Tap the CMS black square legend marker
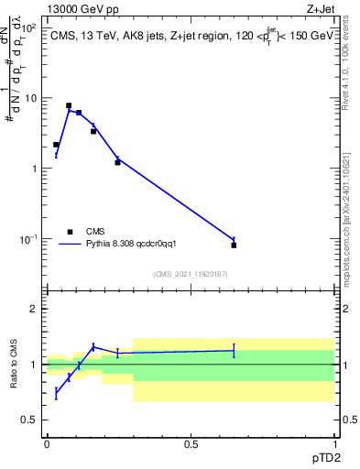(70, 232)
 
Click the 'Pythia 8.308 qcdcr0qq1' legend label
(125, 245)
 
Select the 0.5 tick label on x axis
(191, 443)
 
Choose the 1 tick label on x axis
(334, 443)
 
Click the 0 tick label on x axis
(47, 443)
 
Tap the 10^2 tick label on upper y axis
(28, 27)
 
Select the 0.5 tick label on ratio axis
(30, 420)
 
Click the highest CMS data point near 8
(69, 105)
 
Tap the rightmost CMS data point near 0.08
(234, 245)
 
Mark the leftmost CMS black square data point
(56, 145)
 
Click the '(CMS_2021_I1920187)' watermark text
(190, 274)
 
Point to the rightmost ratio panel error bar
(234, 350)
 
